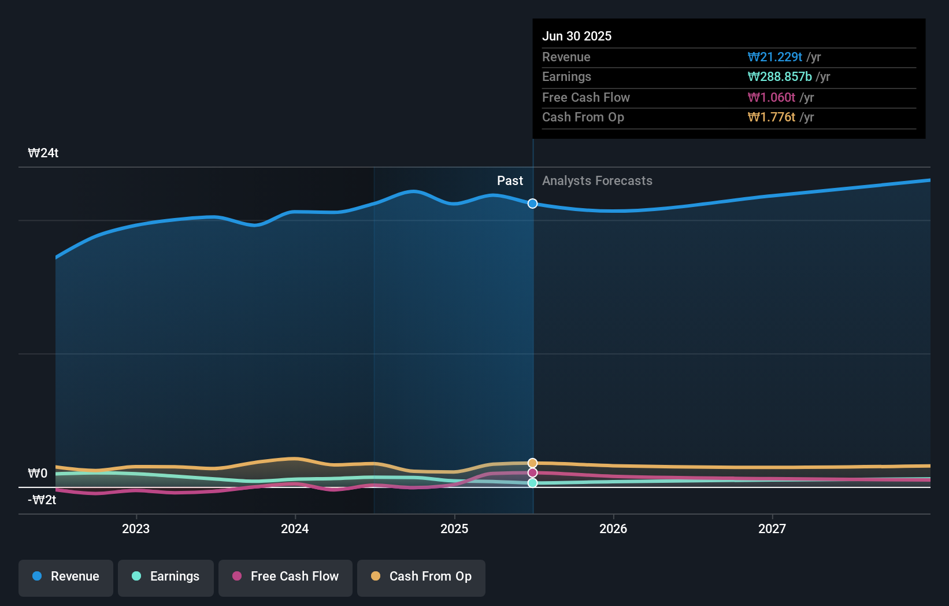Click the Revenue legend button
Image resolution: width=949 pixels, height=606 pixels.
point(66,577)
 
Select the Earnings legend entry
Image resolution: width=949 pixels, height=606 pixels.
point(166,577)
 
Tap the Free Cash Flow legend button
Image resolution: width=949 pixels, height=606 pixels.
point(286,577)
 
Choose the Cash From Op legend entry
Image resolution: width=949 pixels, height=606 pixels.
point(421,577)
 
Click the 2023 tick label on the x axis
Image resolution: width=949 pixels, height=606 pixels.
point(136,529)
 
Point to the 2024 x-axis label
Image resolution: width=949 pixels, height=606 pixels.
point(295,529)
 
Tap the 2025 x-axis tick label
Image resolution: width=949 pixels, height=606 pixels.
point(454,529)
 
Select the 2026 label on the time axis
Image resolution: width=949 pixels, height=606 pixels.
point(613,529)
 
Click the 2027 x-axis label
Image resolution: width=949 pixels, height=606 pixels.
point(772,529)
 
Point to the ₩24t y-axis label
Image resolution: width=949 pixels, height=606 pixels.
point(43,153)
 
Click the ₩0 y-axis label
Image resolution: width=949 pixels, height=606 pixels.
point(38,474)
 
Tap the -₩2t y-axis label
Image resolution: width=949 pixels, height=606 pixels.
point(42,500)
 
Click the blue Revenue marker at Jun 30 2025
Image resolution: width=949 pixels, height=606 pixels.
point(533,204)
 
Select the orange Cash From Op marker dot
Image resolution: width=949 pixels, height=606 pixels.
point(533,463)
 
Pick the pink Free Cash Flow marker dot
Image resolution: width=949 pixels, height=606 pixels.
point(533,473)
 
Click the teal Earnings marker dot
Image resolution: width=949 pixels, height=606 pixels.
point(533,483)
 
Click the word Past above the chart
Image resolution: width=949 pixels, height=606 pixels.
point(510,181)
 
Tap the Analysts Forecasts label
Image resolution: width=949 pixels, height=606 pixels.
point(597,181)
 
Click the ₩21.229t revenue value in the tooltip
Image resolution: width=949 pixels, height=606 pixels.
point(774,57)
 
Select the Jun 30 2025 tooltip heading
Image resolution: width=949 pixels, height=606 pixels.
point(577,36)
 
